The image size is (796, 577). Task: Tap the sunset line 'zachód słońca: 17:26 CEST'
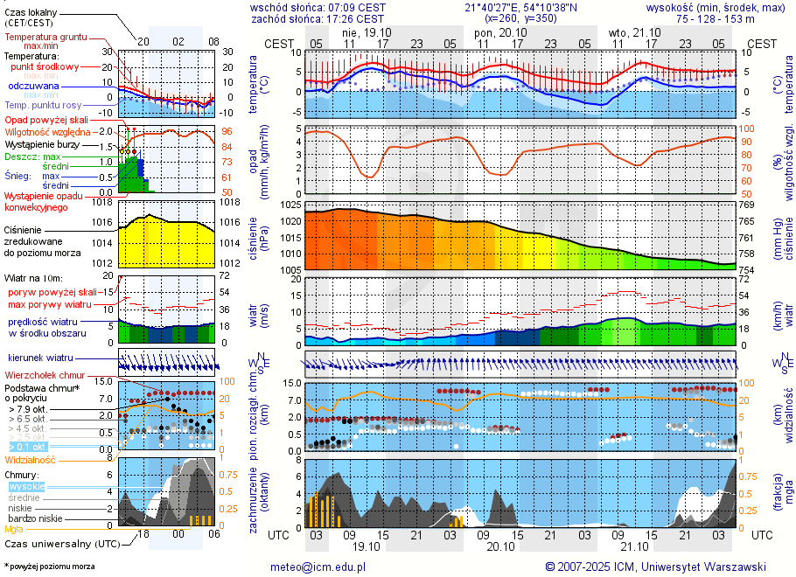318,18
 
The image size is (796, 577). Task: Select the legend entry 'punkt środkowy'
45,66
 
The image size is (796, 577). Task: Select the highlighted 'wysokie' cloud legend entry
26,486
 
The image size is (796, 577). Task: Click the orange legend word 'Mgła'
14,529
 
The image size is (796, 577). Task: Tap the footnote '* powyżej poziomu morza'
49,567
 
